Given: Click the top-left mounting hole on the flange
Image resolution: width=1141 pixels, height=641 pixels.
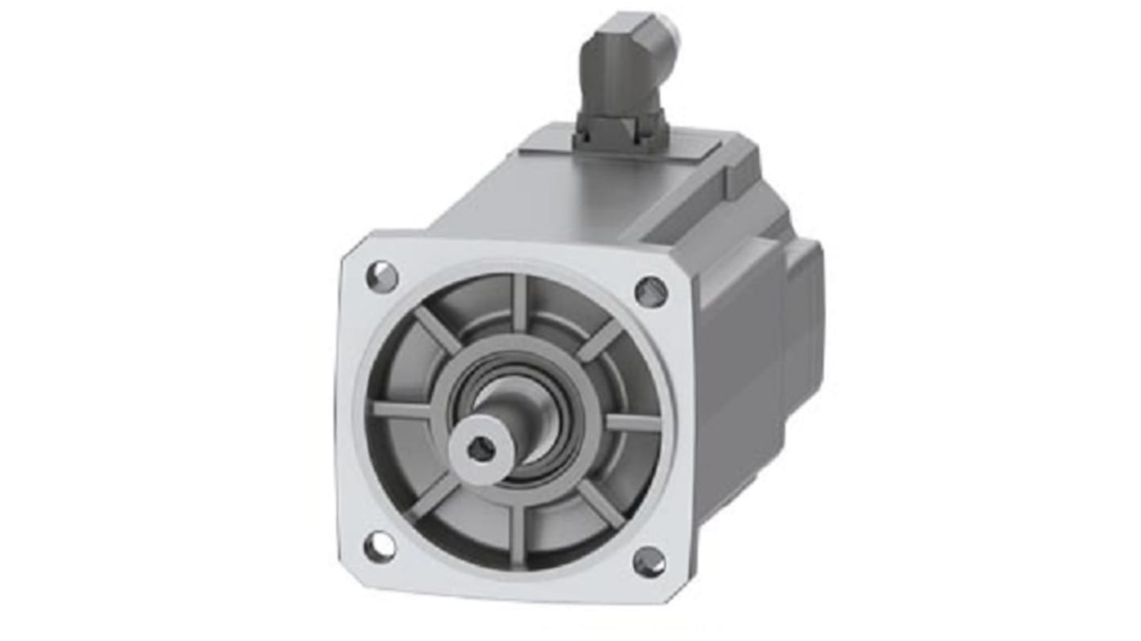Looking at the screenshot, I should (x=382, y=277).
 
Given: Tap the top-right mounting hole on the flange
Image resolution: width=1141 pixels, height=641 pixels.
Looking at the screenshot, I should (x=651, y=292).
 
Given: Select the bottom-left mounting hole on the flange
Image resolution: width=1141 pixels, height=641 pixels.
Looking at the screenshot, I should (x=378, y=547).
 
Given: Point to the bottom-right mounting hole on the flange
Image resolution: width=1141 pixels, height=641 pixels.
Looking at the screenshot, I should (x=649, y=561).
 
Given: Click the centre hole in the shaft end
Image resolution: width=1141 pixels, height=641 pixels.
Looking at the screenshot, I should (x=481, y=451).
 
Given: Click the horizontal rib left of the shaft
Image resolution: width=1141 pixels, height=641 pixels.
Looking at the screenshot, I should (x=402, y=410).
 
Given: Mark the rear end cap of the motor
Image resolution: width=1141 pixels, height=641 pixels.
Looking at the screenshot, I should (x=800, y=305).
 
